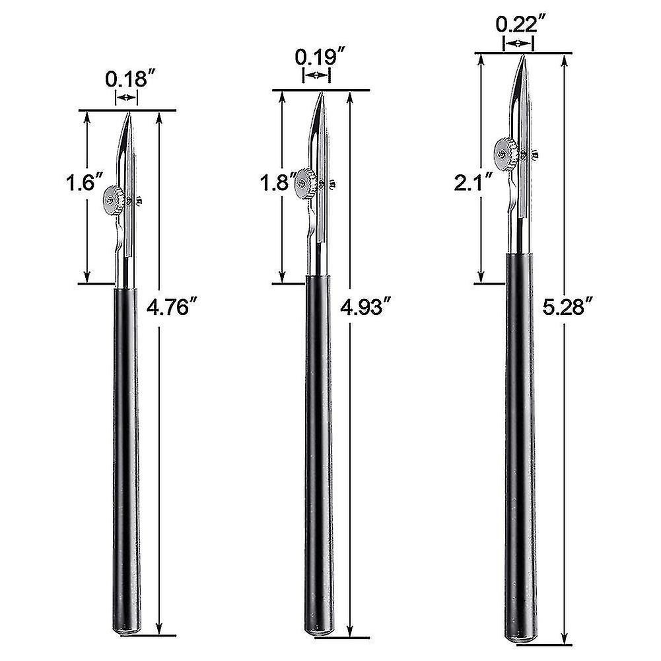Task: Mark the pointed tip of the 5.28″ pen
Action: tap(522, 57)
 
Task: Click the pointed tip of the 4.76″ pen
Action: tap(130, 114)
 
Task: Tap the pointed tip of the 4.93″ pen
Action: tap(321, 94)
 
